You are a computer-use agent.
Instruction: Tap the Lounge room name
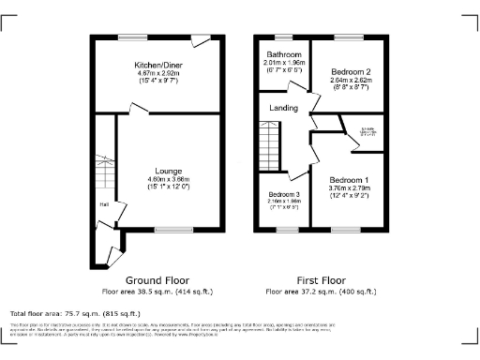(x=168, y=171)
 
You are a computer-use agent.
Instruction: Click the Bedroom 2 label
(x=349, y=71)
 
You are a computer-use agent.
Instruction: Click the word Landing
(x=283, y=109)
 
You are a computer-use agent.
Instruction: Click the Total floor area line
(x=75, y=313)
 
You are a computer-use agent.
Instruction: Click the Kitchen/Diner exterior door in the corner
(x=201, y=41)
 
